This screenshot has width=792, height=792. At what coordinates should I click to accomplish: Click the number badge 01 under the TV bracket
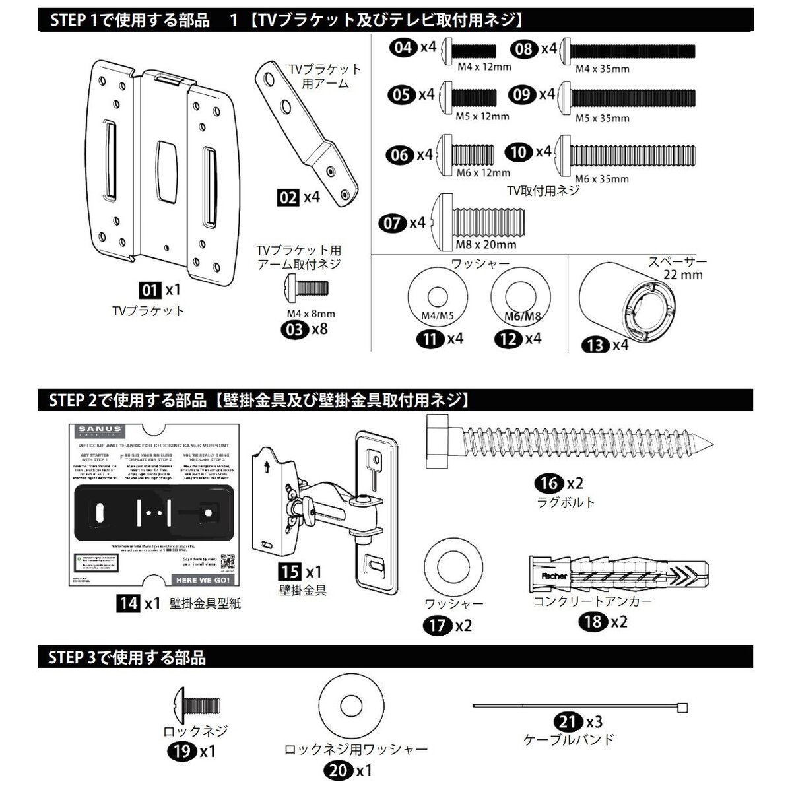[150, 289]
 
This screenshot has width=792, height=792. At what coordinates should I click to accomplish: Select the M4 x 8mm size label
[310, 313]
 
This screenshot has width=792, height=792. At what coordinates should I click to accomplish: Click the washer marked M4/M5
[435, 298]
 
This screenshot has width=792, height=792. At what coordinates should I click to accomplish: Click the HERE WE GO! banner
[203, 579]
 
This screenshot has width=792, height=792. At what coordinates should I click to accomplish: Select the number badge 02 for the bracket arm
[288, 197]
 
